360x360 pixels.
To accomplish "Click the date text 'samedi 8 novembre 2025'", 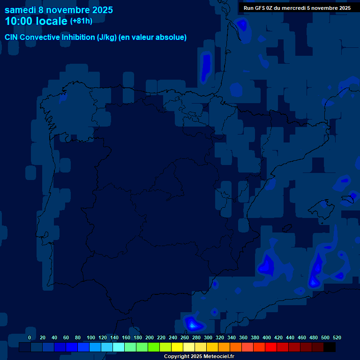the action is (59, 10).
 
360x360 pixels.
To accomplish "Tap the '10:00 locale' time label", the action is (36, 22).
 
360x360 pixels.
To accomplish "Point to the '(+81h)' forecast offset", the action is (81, 21).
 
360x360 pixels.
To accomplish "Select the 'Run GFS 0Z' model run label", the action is (259, 8).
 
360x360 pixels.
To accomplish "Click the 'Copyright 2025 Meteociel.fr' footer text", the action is (199, 356).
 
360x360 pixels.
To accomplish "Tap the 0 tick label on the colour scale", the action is (30, 337).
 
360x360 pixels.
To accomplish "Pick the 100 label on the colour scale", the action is (90, 337).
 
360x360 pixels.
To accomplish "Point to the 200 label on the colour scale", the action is (150, 337).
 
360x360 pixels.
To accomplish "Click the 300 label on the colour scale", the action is (208, 337).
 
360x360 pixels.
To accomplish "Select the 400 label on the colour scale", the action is (267, 337).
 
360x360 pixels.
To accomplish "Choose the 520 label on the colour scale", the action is (337, 337).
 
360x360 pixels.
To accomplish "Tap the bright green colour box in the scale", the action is (154, 347).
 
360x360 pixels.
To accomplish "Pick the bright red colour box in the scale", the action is (271, 347).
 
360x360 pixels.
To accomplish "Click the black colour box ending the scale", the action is (330, 347).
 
